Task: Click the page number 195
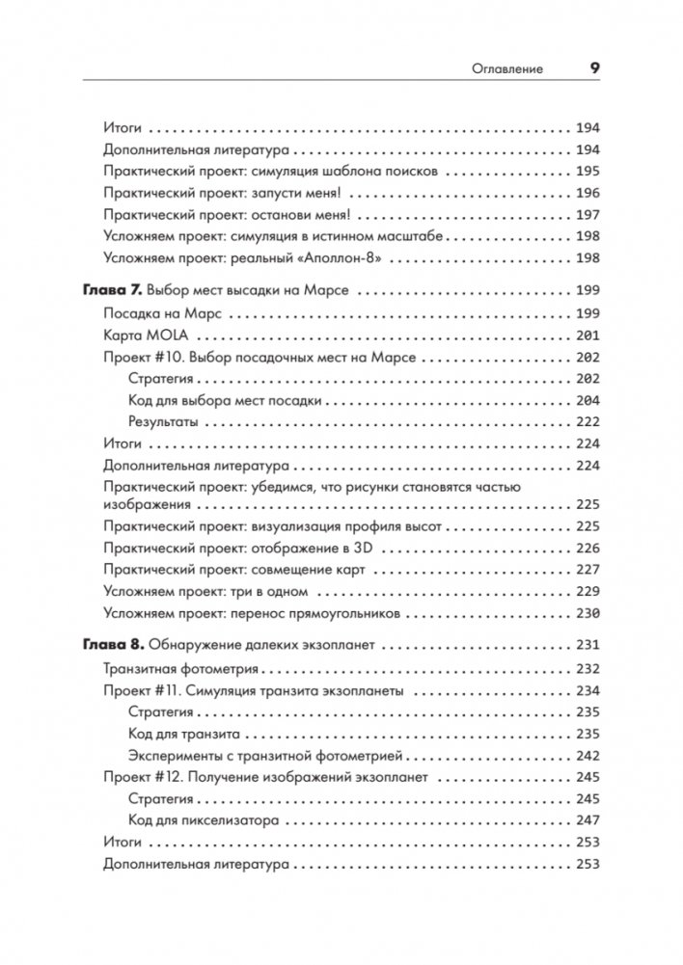(x=587, y=170)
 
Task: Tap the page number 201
(x=587, y=335)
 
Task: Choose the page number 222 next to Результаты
(x=587, y=422)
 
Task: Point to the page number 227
(x=587, y=569)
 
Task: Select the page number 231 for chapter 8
(x=587, y=645)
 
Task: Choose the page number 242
(x=587, y=756)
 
